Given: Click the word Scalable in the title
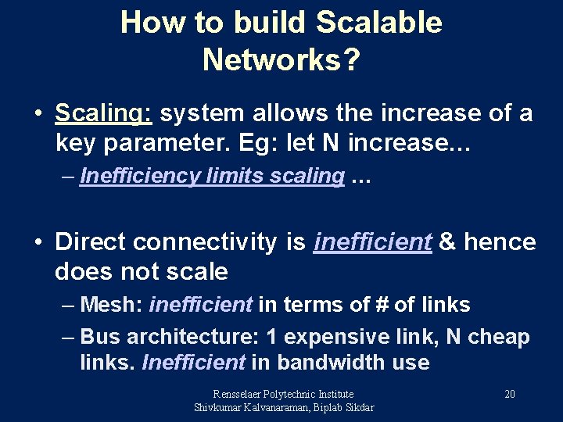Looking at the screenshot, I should point(379,23).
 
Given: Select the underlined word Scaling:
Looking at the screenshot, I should point(103,114).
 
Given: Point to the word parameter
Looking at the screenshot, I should point(156,143).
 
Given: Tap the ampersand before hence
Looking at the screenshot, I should point(448,243).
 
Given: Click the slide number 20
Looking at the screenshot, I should point(509,394).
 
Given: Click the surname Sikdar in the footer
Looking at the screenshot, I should point(357,407).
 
